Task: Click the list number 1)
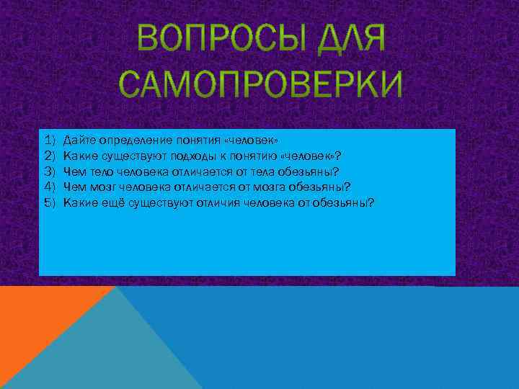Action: (x=50, y=138)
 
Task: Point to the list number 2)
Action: (x=50, y=154)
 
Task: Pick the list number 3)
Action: (x=50, y=171)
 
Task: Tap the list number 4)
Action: (x=50, y=187)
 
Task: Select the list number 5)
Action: (x=50, y=202)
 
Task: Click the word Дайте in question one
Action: (x=77, y=138)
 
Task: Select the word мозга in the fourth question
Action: (x=273, y=187)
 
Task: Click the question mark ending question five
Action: (x=371, y=202)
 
